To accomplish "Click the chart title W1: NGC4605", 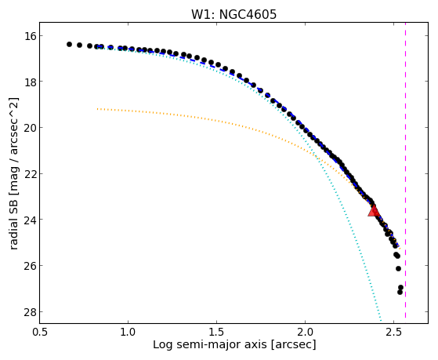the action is point(233,15).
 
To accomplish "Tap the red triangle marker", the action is point(374,211).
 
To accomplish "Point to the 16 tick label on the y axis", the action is point(28,36).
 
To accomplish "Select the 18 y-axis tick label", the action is point(28,82).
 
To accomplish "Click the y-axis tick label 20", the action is point(28,128).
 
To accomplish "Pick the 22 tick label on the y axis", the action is point(28,173).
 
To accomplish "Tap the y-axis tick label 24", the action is point(28,220).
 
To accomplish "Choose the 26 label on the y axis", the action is point(28,265).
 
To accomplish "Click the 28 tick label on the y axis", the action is point(28,311).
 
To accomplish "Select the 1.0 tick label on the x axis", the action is point(128,332).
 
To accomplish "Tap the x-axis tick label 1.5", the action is point(216,332).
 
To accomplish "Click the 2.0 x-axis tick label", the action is point(305,332).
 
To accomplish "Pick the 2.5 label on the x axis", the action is point(393,332).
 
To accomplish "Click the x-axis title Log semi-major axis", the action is point(210,345).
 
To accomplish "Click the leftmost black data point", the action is point(69,44).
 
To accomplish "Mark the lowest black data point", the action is point(400,292).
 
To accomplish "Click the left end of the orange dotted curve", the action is point(97,109).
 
